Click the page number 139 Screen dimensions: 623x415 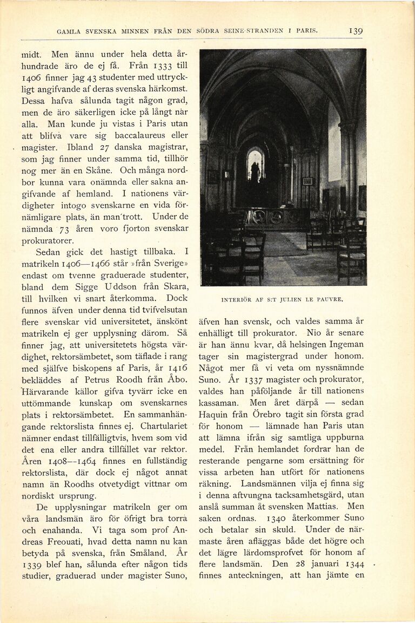(356, 31)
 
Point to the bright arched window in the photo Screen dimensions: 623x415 (255, 165)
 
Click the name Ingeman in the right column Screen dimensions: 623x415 (346, 344)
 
